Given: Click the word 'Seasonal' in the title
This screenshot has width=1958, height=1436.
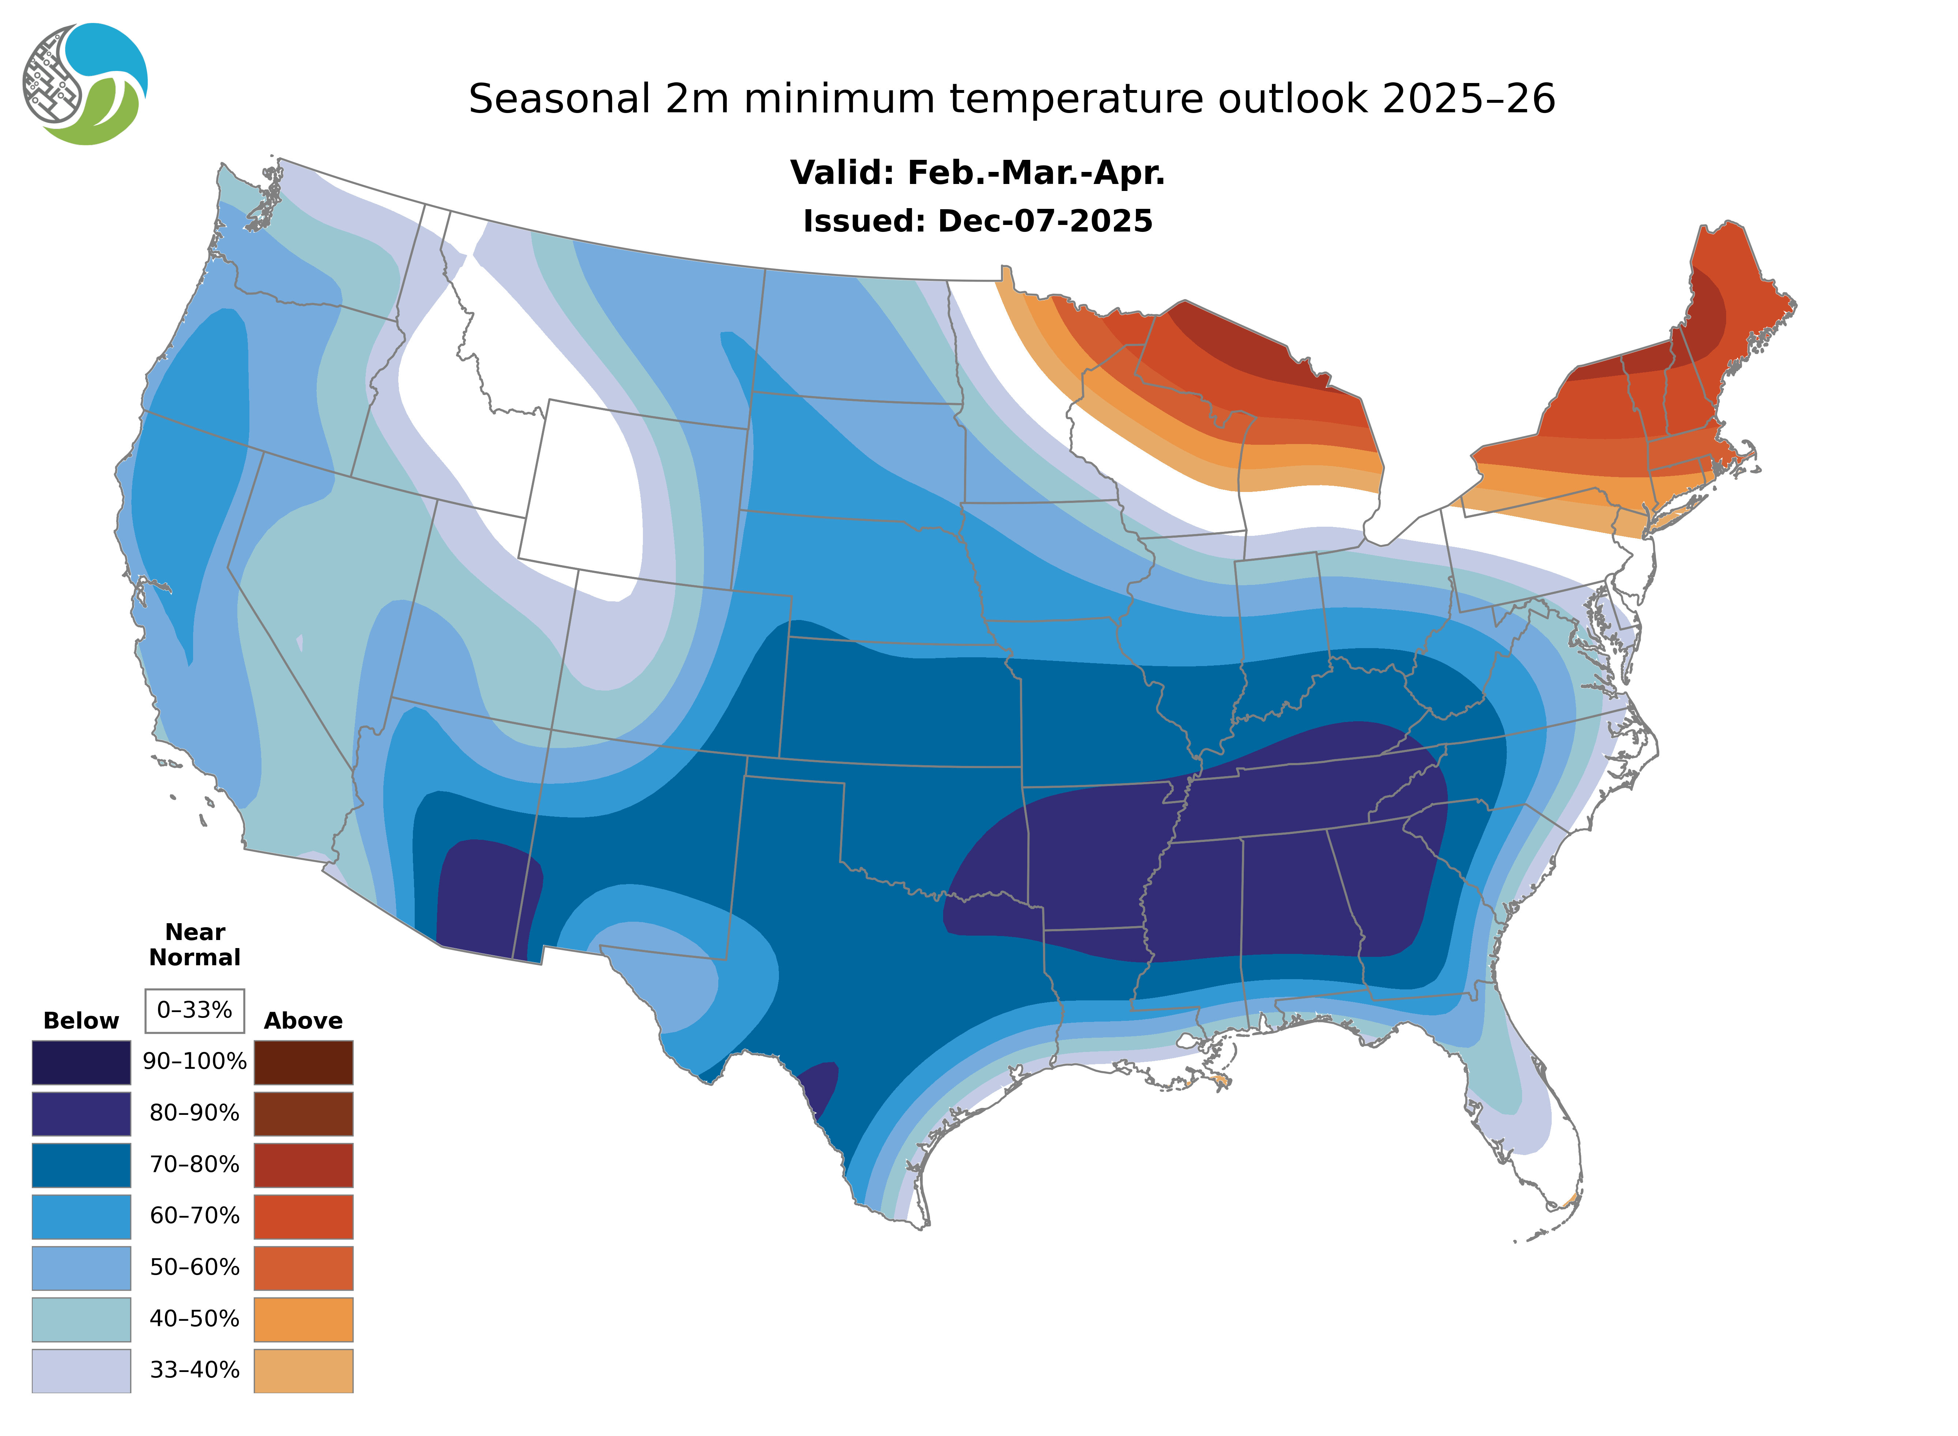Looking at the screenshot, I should pos(559,99).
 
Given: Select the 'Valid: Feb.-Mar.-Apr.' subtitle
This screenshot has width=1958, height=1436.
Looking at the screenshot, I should pos(977,173).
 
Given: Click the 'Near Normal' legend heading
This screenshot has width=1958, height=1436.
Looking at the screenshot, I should pos(195,945).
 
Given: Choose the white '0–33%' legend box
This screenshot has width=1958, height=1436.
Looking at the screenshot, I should pos(195,1010).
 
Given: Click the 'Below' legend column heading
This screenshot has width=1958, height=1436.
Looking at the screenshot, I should pos(81,1020).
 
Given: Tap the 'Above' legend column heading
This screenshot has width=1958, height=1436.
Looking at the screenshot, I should pos(303,1020).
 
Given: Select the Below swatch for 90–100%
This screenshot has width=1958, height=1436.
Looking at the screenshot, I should pos(81,1062).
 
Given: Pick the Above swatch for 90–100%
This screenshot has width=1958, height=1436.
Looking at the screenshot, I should pos(303,1062).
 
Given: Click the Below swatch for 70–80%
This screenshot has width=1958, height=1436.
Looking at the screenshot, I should pos(81,1165).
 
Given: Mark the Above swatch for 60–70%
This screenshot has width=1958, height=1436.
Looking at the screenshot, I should pos(303,1216).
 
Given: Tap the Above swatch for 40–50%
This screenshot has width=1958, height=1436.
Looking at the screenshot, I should pos(303,1319).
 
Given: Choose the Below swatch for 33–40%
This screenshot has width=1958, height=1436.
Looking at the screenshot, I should pos(81,1370).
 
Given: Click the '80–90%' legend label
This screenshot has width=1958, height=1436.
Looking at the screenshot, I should pos(195,1113).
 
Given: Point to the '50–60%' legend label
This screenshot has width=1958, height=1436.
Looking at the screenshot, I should pos(195,1267).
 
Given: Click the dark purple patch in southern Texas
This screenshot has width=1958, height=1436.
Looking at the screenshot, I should pos(820,1087).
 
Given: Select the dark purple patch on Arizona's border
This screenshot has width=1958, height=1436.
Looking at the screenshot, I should pos(482,895).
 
